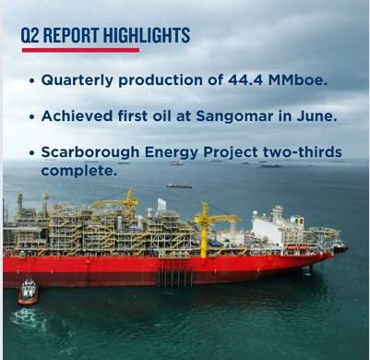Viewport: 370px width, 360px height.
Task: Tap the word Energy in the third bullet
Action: [x=172, y=151]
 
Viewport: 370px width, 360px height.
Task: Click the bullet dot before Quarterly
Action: [x=32, y=81]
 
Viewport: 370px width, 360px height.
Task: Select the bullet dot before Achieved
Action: [x=32, y=117]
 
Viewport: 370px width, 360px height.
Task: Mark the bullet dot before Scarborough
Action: [x=32, y=152]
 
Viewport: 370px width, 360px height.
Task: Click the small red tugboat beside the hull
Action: [x=29, y=293]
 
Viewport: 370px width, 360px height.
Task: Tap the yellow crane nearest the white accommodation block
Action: [x=204, y=226]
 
